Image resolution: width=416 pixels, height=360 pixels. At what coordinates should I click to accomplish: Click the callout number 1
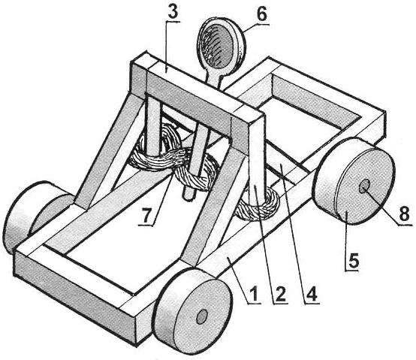tap(254, 294)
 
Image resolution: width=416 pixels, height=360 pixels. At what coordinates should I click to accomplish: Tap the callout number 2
tap(280, 294)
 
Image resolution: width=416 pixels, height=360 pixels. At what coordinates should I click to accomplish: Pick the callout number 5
tap(353, 260)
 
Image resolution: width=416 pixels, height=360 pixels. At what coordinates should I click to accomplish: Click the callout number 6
tap(261, 14)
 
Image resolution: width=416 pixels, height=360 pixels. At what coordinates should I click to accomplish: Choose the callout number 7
tap(146, 216)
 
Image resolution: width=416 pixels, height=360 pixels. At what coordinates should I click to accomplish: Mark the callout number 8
tap(404, 213)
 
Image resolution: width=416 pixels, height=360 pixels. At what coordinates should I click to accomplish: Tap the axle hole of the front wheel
tap(202, 316)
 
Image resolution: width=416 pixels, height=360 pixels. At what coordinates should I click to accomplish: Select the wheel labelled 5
tap(354, 182)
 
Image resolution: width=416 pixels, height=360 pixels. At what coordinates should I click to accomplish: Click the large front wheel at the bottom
tap(193, 312)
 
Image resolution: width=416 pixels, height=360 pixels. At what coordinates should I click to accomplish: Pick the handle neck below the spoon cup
tap(214, 78)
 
